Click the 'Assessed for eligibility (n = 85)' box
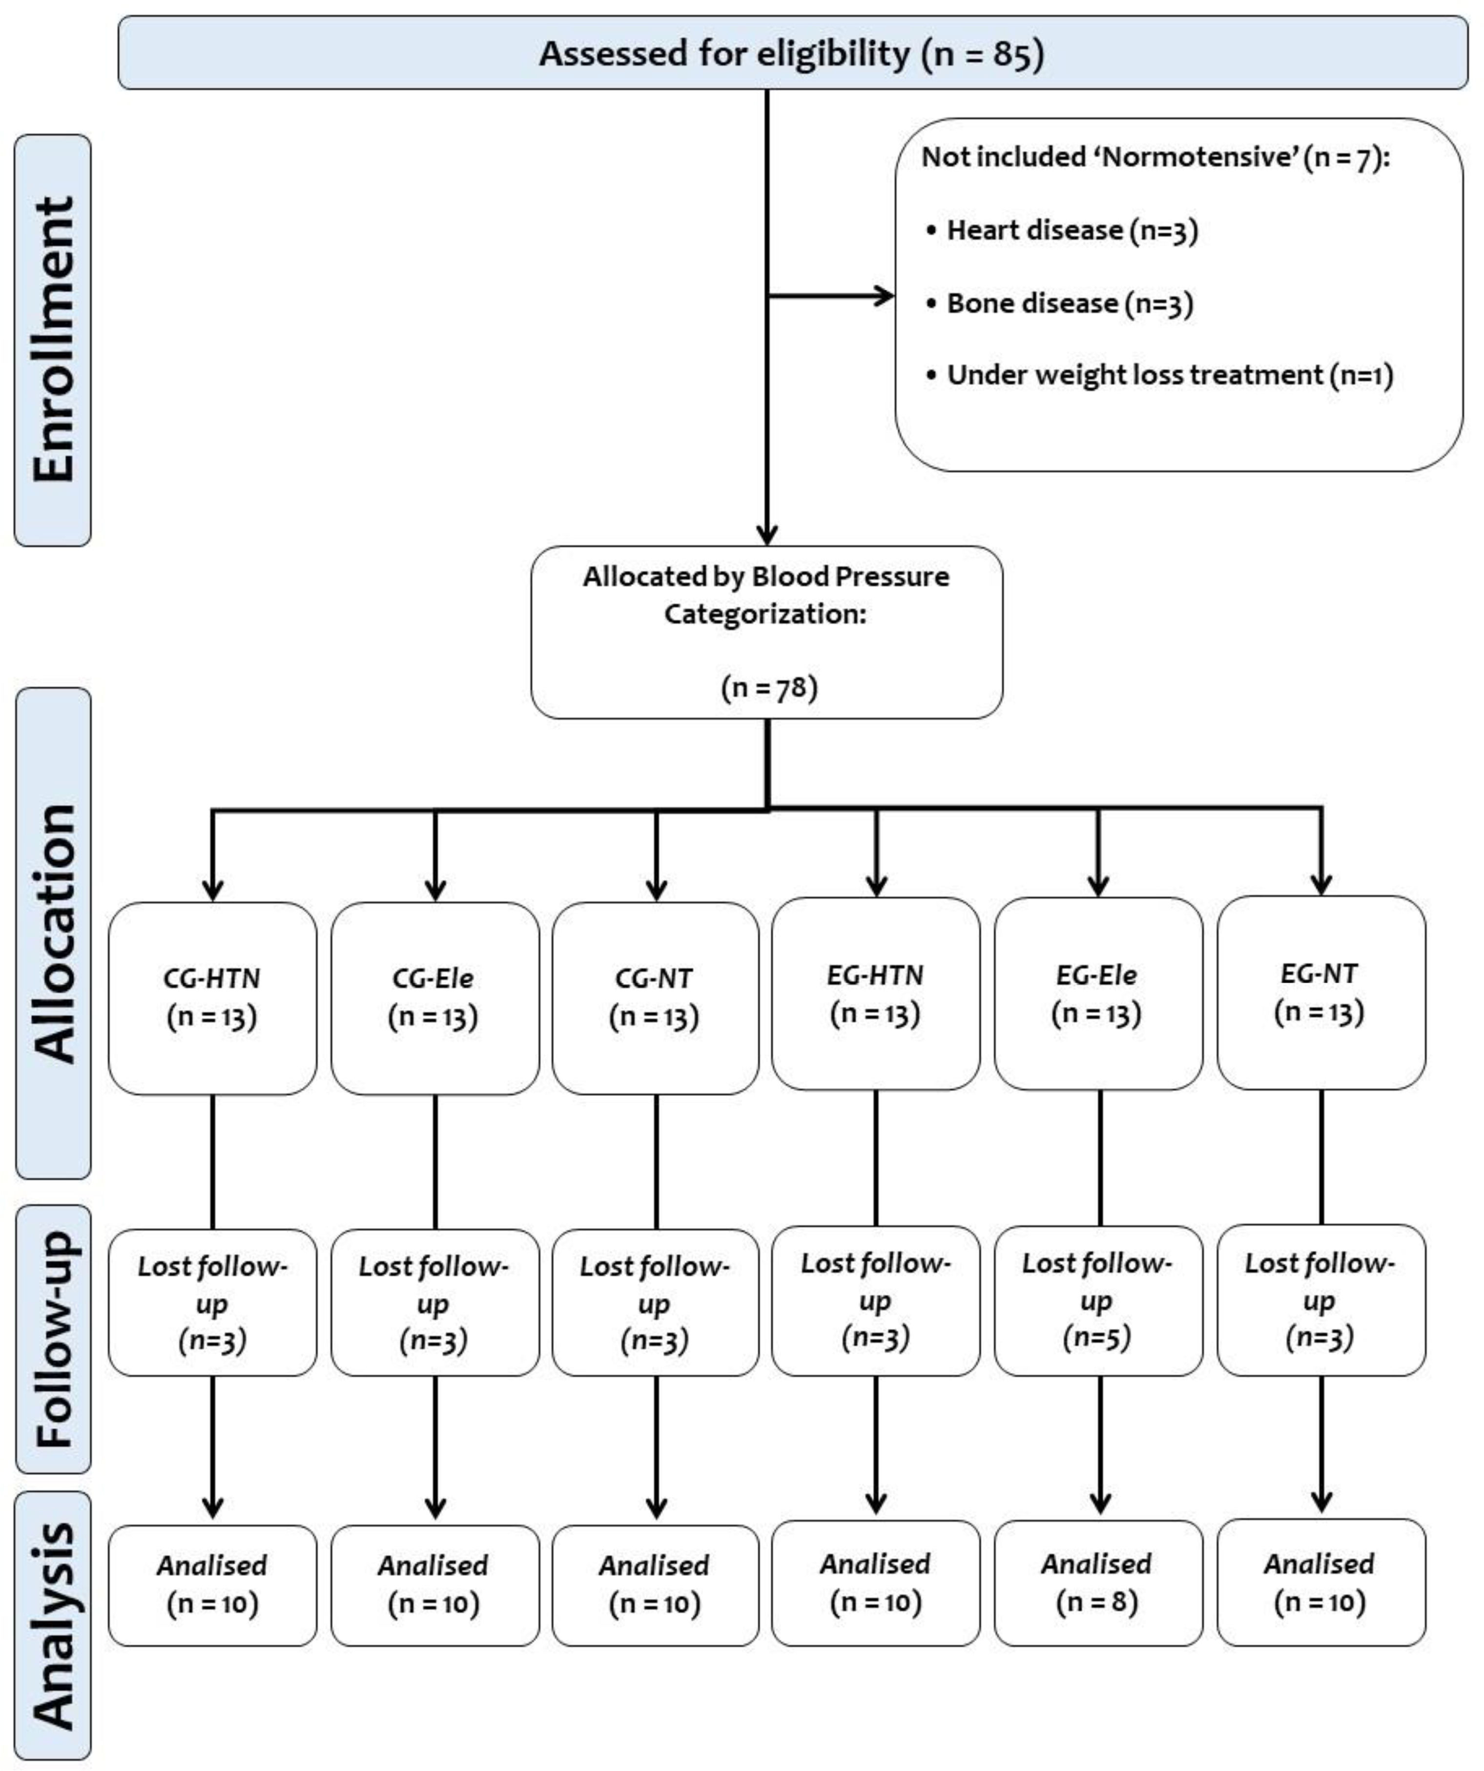coord(791,53)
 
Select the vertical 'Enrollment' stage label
coord(53,340)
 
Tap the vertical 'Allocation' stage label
coord(53,933)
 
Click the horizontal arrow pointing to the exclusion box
coord(831,296)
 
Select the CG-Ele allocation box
coord(434,997)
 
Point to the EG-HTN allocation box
coord(876,994)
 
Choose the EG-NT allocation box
coord(1320,992)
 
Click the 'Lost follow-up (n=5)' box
coord(1097,1300)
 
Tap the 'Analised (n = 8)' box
coord(1097,1583)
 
